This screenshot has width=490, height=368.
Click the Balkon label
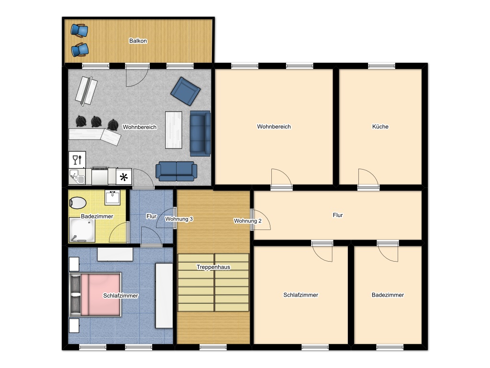[x=138, y=41]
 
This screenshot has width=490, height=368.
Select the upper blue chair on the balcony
[x=79, y=30]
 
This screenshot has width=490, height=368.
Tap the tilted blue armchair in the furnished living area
[x=185, y=91]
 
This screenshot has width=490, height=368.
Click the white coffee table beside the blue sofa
[x=173, y=129]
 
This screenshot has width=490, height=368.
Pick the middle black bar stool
[x=97, y=122]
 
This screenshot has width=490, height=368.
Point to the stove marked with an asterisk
[x=123, y=177]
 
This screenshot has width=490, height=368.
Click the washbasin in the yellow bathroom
[x=113, y=197]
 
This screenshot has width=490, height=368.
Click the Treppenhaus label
[x=213, y=267]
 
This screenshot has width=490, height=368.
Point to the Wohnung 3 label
[x=179, y=219]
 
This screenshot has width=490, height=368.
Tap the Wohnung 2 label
[x=247, y=221]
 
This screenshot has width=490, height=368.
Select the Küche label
[x=380, y=127]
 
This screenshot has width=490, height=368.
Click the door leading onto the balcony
[x=137, y=76]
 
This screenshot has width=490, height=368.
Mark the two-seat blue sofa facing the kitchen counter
[x=176, y=171]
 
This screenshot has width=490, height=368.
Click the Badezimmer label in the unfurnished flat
[x=388, y=295]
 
